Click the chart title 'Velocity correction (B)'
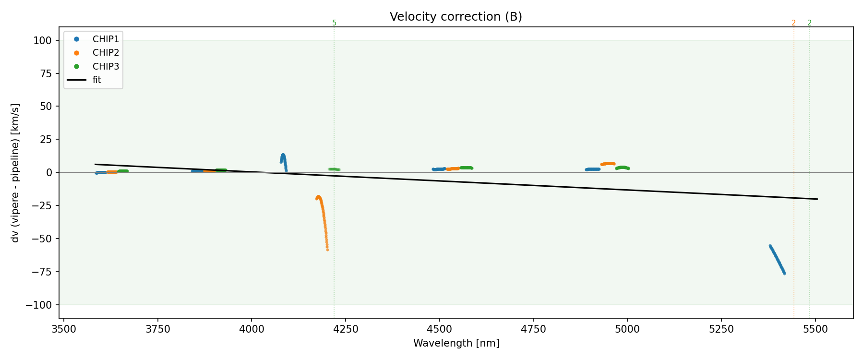click(x=456, y=17)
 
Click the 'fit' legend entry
click(x=96, y=80)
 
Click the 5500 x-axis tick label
click(x=816, y=329)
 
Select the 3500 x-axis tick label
click(x=64, y=329)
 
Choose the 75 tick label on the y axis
click(x=46, y=73)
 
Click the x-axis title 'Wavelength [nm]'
click(x=456, y=343)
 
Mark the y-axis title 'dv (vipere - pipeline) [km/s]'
click(x=15, y=172)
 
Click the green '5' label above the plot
click(x=334, y=23)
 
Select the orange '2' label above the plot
click(x=793, y=23)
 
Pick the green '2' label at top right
click(x=809, y=23)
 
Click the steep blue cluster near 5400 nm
click(x=777, y=259)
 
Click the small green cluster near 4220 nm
click(x=334, y=169)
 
